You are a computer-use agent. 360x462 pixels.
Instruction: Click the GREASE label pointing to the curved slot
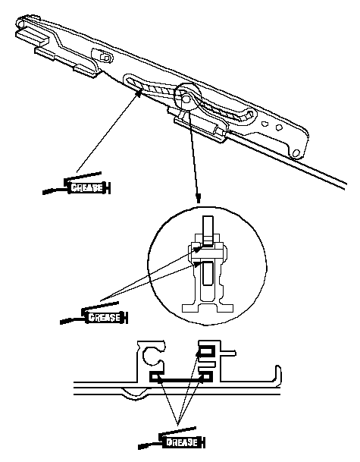[87, 187]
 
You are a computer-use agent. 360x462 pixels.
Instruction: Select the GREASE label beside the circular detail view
[105, 317]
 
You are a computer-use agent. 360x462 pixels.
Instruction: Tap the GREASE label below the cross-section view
[182, 442]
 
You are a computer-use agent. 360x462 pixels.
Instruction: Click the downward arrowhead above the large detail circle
[199, 198]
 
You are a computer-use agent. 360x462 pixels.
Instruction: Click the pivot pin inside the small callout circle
[186, 98]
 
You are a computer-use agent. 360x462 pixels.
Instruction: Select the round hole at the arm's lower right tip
[296, 153]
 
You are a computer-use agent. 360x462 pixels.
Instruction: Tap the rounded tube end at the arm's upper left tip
[20, 23]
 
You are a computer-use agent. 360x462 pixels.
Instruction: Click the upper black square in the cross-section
[208, 351]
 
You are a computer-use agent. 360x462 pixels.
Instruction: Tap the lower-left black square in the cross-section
[155, 377]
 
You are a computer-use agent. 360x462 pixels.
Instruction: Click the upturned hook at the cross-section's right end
[278, 374]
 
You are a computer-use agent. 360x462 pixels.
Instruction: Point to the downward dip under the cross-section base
[136, 394]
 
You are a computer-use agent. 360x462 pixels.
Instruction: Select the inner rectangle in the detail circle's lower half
[208, 273]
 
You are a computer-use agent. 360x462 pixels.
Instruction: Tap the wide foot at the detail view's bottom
[208, 308]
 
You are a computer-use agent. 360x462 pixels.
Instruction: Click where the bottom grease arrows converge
[177, 425]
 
